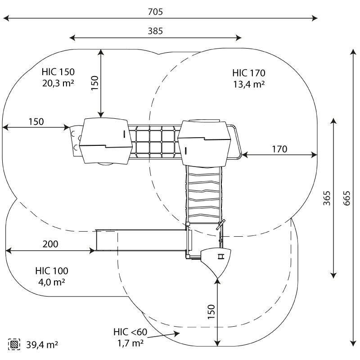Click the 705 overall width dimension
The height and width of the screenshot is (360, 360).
[x=155, y=12]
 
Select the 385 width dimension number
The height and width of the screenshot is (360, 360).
[x=155, y=31]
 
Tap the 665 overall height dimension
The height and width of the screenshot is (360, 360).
[x=346, y=198]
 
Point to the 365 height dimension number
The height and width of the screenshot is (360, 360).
[x=327, y=198]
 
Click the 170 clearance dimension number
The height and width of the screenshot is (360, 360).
[x=279, y=149]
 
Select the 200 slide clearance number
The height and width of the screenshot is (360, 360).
[x=50, y=244]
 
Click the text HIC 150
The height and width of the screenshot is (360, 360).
[x=58, y=72]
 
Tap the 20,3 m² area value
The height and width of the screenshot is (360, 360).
[x=58, y=83]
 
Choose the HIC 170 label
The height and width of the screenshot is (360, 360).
[x=249, y=73]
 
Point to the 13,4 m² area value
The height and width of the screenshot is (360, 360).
[x=249, y=84]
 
